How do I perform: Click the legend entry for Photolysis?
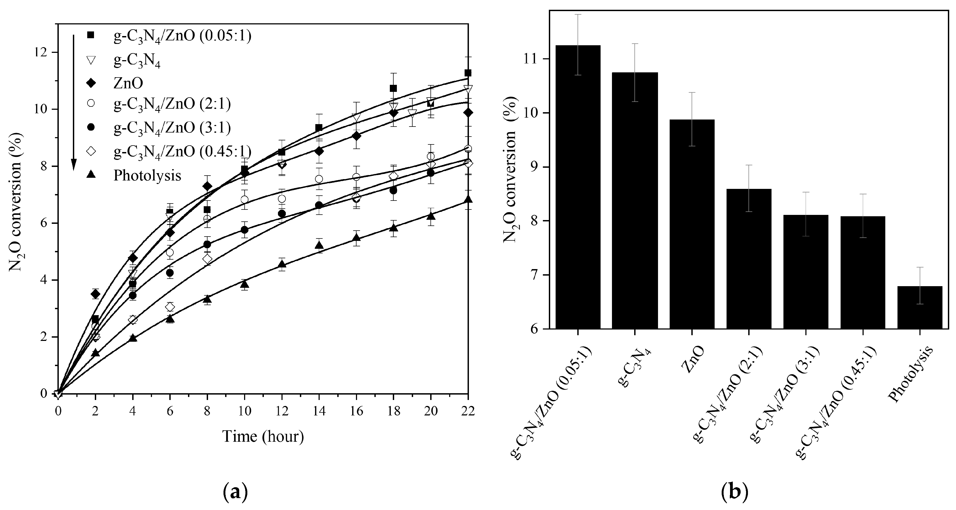147,175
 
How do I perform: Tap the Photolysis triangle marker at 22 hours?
468,199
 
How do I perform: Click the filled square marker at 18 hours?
393,88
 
